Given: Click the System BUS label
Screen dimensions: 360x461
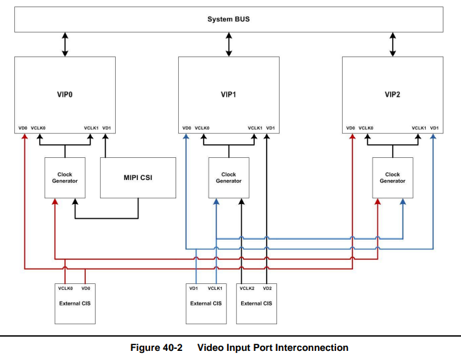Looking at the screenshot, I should [x=228, y=19].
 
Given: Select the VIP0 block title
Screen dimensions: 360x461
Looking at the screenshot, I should [x=65, y=94].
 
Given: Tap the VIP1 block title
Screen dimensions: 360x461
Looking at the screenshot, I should [x=229, y=94].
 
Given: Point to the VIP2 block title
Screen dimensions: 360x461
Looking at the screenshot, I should [x=393, y=94].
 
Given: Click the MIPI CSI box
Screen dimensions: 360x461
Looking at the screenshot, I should [x=138, y=177].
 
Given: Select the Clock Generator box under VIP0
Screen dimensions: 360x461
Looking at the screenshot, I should [x=65, y=177].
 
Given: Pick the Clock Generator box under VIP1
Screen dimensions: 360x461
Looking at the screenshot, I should [x=229, y=177].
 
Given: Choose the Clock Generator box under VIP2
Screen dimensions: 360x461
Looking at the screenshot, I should [x=393, y=177].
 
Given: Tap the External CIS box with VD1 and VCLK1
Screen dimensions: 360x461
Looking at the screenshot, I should [x=206, y=303].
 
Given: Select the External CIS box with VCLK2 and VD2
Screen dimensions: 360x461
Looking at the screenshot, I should [x=256, y=303].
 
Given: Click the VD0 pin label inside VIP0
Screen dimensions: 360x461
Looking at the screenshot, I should [x=23, y=128].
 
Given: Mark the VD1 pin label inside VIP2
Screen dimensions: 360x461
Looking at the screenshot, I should [x=434, y=128].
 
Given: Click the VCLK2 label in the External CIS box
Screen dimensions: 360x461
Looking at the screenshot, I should [x=247, y=288].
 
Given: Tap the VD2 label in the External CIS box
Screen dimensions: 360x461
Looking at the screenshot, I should [x=267, y=288].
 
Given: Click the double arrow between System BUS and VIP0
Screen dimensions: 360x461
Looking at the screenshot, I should [x=65, y=44].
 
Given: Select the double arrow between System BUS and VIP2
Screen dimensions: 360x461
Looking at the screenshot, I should [x=393, y=44].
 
